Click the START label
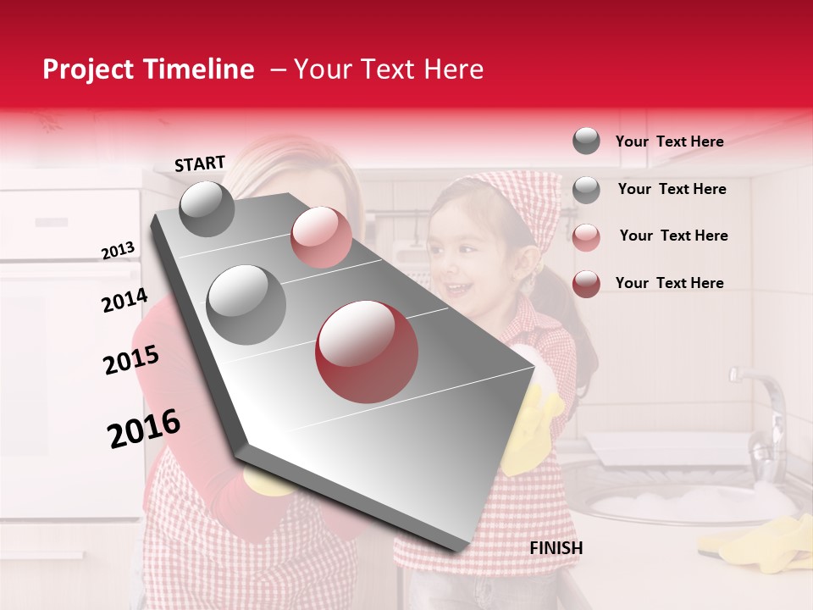200,164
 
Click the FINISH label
556,548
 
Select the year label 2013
119,251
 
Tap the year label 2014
124,301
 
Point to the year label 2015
131,361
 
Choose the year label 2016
144,429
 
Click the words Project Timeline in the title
148,69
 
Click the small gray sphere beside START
207,208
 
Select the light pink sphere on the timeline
321,237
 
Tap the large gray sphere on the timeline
246,304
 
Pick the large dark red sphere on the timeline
367,352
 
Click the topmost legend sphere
586,141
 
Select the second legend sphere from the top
586,190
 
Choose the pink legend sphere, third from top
586,236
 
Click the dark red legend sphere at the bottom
586,284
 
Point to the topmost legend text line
669,141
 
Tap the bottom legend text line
669,283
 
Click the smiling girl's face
466,254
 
